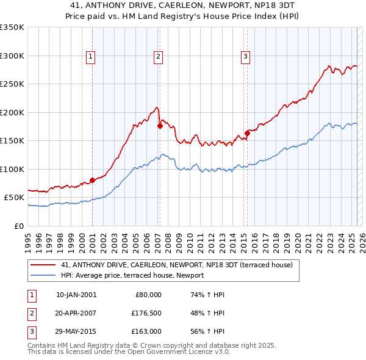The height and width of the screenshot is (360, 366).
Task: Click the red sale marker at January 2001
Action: point(92,180)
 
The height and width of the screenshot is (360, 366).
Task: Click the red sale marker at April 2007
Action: point(160,126)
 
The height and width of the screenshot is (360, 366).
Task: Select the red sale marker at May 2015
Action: point(247,133)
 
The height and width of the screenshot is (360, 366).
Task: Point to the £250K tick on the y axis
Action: point(12,84)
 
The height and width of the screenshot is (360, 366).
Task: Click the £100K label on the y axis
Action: point(12,169)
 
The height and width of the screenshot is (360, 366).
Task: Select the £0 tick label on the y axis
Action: point(18,226)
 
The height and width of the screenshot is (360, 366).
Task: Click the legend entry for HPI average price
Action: point(132,275)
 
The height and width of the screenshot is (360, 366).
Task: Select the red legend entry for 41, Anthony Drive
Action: point(177,265)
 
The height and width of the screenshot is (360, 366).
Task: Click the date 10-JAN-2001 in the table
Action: point(76,295)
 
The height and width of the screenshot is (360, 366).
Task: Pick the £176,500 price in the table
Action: point(146,313)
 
